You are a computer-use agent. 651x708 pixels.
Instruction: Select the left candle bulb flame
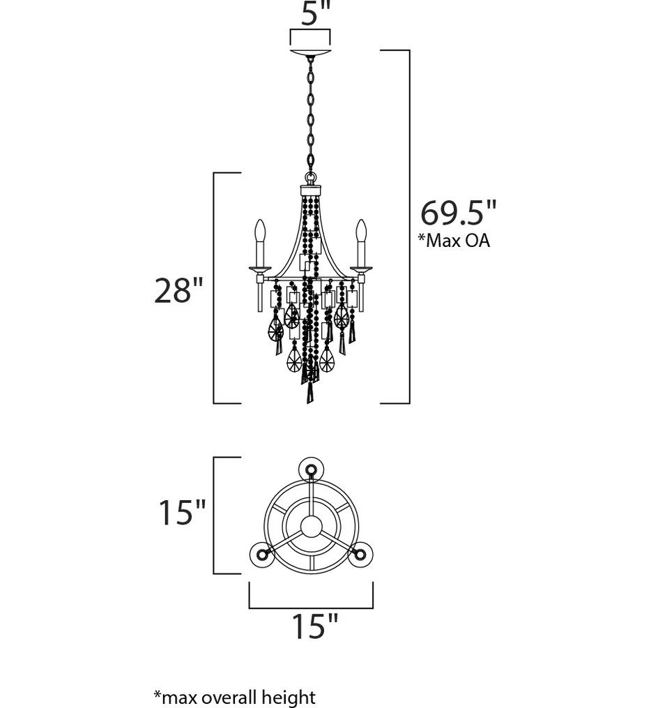point(261,231)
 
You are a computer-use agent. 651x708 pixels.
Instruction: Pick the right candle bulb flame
point(361,231)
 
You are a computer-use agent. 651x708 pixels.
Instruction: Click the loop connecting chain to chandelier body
point(311,179)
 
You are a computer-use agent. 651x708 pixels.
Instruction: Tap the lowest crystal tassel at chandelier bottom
point(309,394)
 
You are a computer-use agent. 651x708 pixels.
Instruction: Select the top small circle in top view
point(311,471)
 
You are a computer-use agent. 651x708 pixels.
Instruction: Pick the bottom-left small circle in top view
point(263,555)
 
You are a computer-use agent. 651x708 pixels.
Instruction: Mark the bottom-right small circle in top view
point(360,555)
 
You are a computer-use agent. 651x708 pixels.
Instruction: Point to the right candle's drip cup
point(361,269)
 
